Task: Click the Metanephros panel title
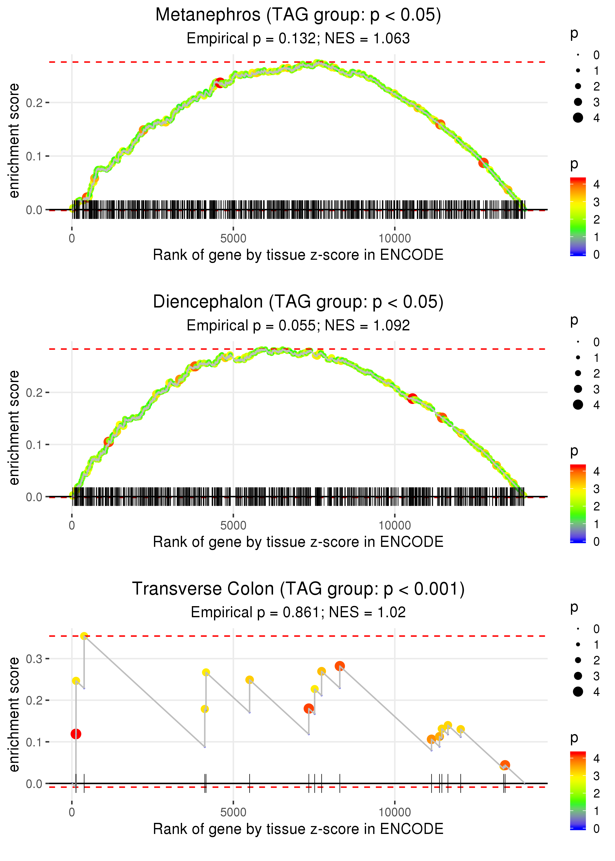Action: [298, 15]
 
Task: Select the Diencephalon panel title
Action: [298, 302]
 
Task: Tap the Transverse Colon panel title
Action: [298, 589]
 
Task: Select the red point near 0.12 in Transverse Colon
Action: [76, 734]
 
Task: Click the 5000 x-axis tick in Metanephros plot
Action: [233, 239]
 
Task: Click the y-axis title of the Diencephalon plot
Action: [14, 428]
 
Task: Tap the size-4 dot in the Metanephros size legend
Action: [578, 118]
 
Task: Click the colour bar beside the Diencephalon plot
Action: [578, 504]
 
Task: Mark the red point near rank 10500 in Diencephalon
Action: [412, 398]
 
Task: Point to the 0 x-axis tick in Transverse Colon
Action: [72, 813]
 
